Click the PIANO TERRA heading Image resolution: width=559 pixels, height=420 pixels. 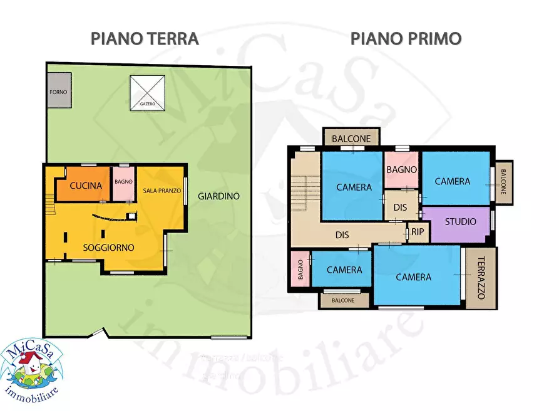[145, 38]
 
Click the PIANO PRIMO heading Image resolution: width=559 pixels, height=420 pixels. [406, 38]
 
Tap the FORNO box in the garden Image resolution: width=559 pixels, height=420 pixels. [58, 92]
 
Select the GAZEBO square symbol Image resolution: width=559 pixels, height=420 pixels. [147, 93]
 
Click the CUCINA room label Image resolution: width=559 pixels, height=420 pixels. [86, 186]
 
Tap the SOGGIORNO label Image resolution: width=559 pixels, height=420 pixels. [109, 248]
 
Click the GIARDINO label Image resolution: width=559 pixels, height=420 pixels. [218, 196]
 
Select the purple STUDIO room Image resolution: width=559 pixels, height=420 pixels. [460, 222]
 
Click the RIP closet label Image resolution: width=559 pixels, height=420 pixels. [418, 232]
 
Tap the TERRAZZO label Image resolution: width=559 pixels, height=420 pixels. [481, 278]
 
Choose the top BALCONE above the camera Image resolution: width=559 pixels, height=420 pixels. [351, 138]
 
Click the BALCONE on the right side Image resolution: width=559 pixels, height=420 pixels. [503, 182]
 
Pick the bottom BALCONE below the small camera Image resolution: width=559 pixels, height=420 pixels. [343, 300]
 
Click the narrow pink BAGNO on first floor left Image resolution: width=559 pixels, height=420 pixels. [300, 270]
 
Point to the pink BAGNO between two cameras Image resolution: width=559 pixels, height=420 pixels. [401, 169]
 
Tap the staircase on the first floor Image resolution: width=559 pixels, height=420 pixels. [306, 188]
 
